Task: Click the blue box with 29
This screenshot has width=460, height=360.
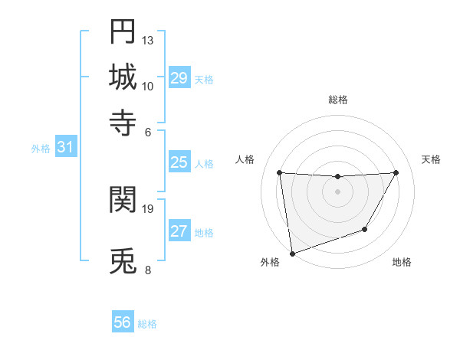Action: (179, 78)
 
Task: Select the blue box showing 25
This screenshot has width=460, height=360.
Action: (179, 162)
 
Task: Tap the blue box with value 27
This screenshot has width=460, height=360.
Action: (179, 231)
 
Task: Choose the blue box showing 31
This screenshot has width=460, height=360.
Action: (65, 148)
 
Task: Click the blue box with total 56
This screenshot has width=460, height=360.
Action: (123, 322)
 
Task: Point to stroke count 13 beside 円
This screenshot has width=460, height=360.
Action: (148, 40)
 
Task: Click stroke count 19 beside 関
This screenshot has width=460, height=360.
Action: (148, 208)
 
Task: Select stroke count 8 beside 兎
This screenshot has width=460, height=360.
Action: (147, 270)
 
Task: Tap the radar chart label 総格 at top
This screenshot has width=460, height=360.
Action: (338, 100)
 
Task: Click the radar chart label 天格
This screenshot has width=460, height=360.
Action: (431, 159)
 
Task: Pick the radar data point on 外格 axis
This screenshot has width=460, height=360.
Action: (292, 253)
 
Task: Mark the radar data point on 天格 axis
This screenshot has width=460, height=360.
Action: (396, 172)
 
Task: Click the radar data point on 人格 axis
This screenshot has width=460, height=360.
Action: (279, 172)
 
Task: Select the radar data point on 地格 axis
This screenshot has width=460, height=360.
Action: (365, 229)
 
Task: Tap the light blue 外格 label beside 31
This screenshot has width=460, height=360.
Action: (41, 149)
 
